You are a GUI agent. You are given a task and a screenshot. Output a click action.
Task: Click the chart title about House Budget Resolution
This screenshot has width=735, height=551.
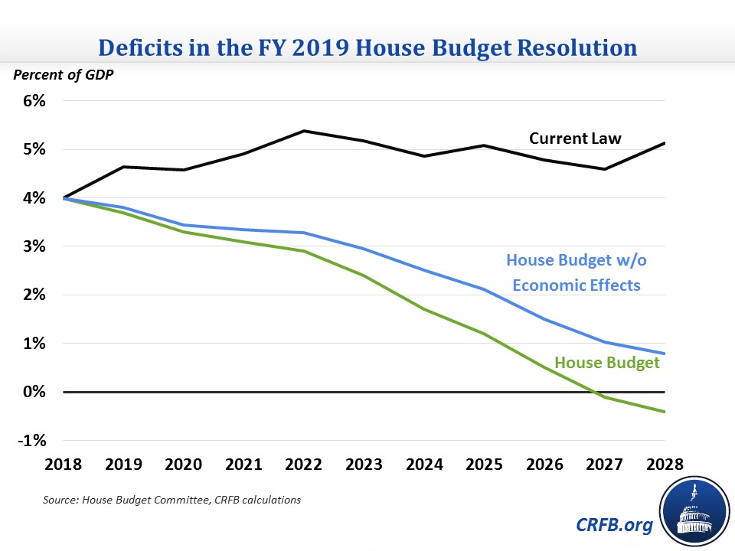(x=367, y=48)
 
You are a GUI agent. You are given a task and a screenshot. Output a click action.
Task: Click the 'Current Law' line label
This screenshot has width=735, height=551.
(x=575, y=139)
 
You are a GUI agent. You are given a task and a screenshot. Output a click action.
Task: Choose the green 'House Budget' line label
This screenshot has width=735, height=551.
(x=607, y=363)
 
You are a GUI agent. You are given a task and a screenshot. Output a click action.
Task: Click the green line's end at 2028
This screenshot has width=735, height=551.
(x=664, y=412)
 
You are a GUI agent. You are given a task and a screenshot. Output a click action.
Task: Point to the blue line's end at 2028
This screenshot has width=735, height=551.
(x=664, y=354)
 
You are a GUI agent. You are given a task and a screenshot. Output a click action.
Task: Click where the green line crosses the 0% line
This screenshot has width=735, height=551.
(x=598, y=392)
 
